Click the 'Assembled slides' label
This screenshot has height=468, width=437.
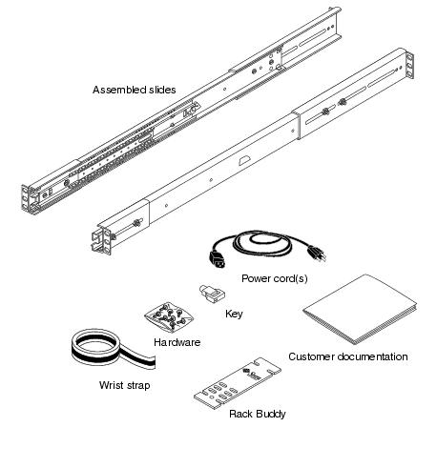coord(134,90)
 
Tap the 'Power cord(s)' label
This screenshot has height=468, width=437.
coord(275,278)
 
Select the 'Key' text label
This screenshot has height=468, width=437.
coord(234,314)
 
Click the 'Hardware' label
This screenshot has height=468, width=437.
coord(177,342)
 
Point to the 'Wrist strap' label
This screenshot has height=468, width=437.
coord(124,385)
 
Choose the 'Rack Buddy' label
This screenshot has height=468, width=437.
coord(258,414)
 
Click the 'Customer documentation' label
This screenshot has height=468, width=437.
coord(348,356)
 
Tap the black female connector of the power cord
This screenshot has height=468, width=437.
coord(218,259)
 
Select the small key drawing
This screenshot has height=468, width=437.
coord(212,294)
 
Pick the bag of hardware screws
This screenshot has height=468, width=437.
coord(169,315)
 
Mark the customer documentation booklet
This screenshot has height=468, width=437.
coord(360,309)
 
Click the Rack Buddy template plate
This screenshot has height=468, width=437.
coord(238,383)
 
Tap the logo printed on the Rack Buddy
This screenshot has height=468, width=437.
coord(252,374)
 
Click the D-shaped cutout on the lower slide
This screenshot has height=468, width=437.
coord(244,160)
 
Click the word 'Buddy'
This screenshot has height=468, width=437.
coord(270,414)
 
